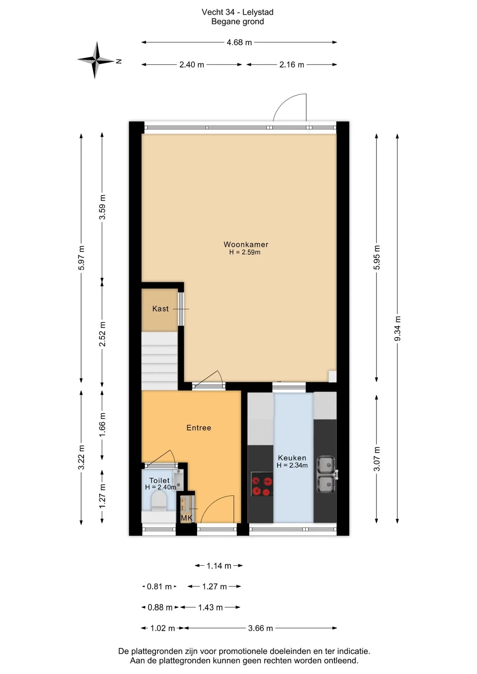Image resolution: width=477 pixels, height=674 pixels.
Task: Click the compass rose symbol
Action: pos(95,60)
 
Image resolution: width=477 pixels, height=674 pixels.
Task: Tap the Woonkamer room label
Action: pos(246,244)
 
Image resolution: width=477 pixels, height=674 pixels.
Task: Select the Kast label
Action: pos(161,309)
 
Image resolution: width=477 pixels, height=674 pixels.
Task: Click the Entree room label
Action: pos(199,428)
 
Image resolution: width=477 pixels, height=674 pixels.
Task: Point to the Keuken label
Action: pos(292,458)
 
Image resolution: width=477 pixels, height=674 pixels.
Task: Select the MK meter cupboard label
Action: pos(186,518)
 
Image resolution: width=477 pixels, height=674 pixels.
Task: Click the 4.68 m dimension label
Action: pos(239,42)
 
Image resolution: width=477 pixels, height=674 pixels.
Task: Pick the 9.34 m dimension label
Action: pos(397,329)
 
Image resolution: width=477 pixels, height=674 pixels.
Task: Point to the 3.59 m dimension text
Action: pos(102,207)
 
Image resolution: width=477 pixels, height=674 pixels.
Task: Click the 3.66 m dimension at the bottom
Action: pos(260,628)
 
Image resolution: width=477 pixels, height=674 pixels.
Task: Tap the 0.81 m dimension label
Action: pos(159,587)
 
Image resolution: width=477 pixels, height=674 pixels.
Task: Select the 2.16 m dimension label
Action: pos(292,65)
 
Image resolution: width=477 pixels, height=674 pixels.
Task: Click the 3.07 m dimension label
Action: pos(377,459)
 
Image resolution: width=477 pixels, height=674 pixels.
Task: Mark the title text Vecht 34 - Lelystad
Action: pos(237,12)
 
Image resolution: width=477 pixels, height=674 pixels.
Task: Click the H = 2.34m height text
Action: pos(292,465)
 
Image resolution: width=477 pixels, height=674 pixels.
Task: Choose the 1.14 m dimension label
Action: pos(219,566)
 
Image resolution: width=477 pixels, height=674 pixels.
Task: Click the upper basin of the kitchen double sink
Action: pos(326,465)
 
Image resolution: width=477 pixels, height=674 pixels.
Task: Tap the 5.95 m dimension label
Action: pos(377,257)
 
